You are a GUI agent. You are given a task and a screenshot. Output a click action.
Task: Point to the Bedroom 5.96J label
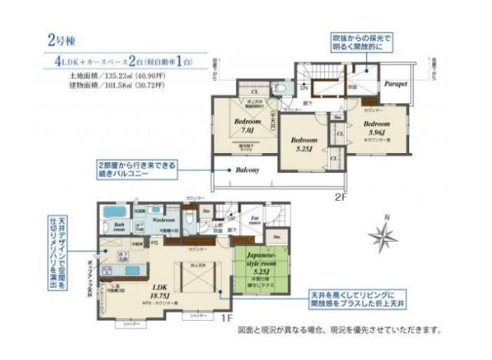click(377, 128)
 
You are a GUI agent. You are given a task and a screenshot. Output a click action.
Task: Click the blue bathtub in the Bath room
click(115, 212)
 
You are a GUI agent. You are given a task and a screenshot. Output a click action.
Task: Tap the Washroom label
click(165, 219)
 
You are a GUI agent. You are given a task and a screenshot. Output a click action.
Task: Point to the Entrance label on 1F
click(255, 222)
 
